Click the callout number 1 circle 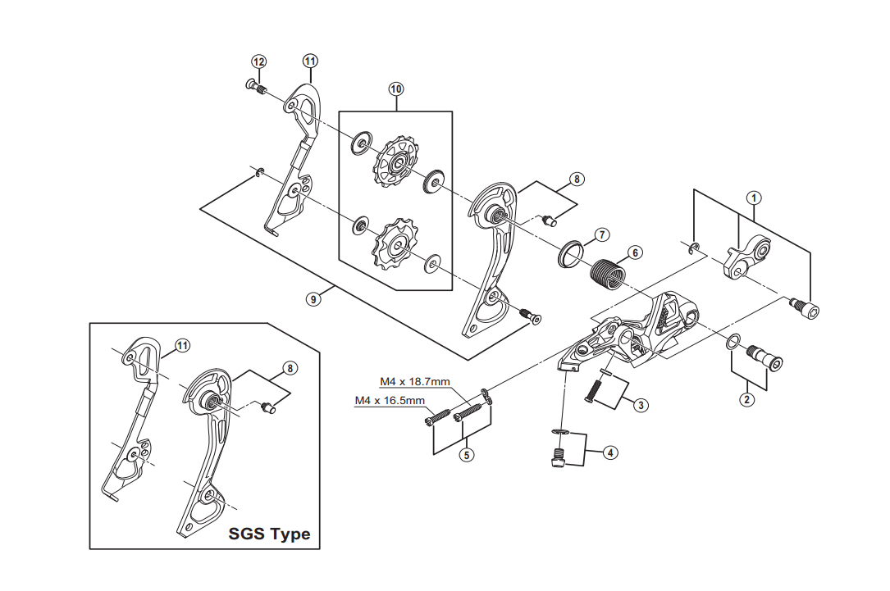click(x=754, y=197)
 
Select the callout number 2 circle click(x=746, y=400)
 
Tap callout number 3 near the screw click(x=641, y=404)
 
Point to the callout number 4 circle click(x=610, y=452)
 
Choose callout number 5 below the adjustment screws click(x=467, y=457)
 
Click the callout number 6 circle click(x=635, y=252)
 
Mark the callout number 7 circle click(x=601, y=234)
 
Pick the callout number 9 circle click(x=312, y=299)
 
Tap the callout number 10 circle click(x=396, y=88)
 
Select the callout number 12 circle click(x=258, y=61)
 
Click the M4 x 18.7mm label click(x=414, y=382)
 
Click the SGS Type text click(x=270, y=534)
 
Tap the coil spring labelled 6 click(x=608, y=271)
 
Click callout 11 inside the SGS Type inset click(x=181, y=346)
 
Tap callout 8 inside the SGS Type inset click(x=289, y=368)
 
